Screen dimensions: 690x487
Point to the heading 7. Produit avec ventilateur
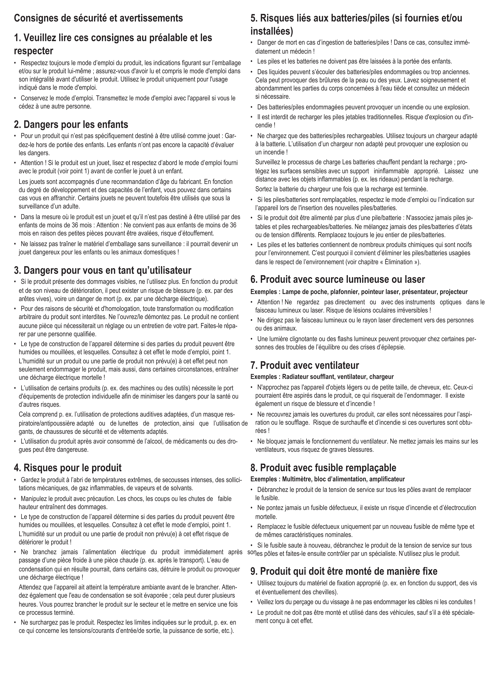tap(305, 365)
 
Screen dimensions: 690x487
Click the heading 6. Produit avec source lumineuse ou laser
tap(338, 279)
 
